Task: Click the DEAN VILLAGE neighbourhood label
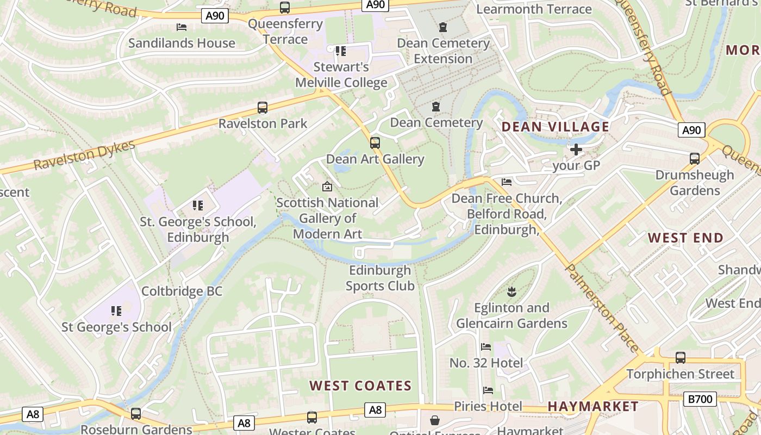(x=555, y=127)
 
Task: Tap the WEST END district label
(x=685, y=238)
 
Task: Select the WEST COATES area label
(x=360, y=386)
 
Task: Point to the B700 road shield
(x=700, y=399)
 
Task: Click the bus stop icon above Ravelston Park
(x=263, y=108)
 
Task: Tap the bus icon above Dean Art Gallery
(x=375, y=143)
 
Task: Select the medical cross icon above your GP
(x=576, y=149)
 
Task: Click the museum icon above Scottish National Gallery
(x=327, y=187)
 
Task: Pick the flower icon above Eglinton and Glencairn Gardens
(x=511, y=292)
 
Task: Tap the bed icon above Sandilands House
(x=182, y=27)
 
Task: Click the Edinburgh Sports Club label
(x=380, y=278)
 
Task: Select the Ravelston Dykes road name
(x=84, y=156)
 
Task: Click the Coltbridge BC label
(x=182, y=291)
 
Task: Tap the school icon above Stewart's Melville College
(x=340, y=51)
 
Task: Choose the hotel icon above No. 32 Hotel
(x=486, y=347)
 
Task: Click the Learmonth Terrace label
(x=534, y=9)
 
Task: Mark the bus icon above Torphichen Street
(x=680, y=358)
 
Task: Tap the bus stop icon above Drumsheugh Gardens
(x=694, y=159)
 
